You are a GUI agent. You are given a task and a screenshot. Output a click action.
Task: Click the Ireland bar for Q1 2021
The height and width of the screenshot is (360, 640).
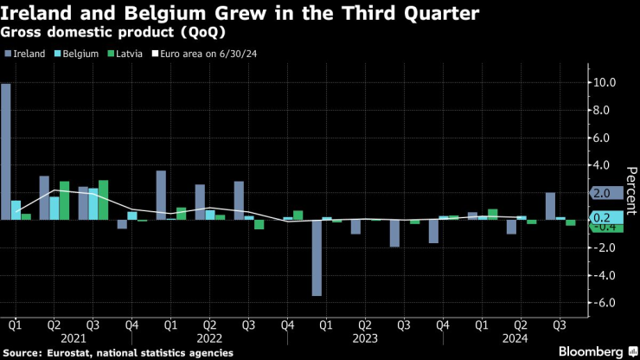tap(6, 151)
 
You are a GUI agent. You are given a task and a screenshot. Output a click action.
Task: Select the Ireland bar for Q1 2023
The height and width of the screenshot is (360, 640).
tap(317, 258)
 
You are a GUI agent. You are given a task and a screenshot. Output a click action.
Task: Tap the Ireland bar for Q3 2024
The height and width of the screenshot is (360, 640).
tap(550, 206)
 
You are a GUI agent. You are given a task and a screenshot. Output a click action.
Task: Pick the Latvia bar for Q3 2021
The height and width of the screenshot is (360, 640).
tap(103, 200)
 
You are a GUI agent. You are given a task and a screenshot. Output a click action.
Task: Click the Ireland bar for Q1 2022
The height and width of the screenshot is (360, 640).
tap(161, 195)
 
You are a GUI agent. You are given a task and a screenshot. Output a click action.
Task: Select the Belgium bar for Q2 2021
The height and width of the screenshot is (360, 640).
tap(54, 208)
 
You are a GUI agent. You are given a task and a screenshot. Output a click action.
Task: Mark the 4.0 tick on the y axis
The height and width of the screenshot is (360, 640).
tap(603, 165)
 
